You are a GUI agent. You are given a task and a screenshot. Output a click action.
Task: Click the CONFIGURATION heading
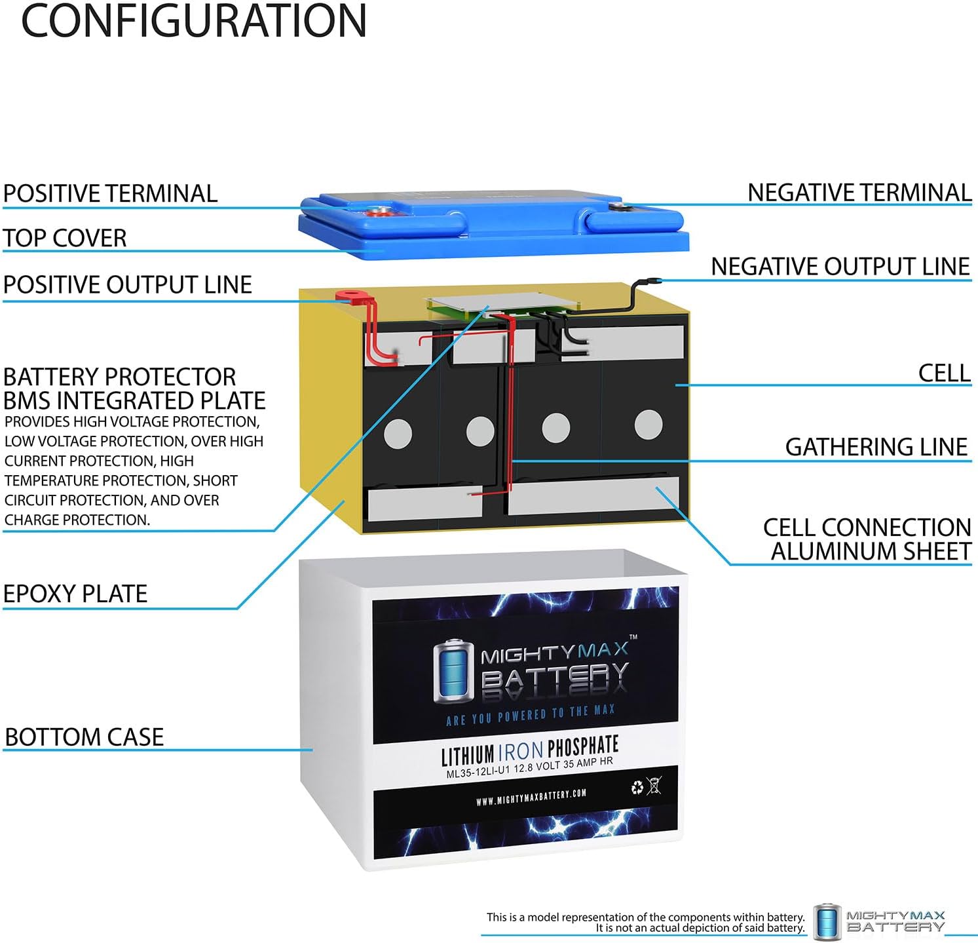(194, 21)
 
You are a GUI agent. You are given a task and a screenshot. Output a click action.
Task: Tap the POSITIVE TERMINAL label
(110, 193)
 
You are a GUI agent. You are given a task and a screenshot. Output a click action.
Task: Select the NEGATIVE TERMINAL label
(859, 192)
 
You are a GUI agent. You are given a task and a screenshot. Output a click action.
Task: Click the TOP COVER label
(65, 238)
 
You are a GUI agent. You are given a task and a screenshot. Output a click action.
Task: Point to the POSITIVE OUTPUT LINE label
(128, 284)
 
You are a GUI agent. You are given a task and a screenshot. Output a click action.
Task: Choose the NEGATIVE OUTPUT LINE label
(840, 266)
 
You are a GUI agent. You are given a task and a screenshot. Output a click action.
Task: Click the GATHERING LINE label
(876, 446)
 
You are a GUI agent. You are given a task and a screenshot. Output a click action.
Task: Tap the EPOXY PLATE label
(75, 593)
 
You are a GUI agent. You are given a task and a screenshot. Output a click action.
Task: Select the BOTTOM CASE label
(84, 737)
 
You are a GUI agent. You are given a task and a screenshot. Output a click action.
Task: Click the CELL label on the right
(943, 372)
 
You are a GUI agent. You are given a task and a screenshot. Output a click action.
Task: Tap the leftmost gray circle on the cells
(397, 433)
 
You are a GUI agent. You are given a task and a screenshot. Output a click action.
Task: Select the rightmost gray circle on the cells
(648, 424)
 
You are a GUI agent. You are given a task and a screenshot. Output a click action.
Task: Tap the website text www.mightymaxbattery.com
(531, 796)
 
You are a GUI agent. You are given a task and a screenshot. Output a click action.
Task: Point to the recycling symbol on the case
(637, 787)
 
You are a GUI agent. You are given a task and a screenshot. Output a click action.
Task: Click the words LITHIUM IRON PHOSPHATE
(529, 751)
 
